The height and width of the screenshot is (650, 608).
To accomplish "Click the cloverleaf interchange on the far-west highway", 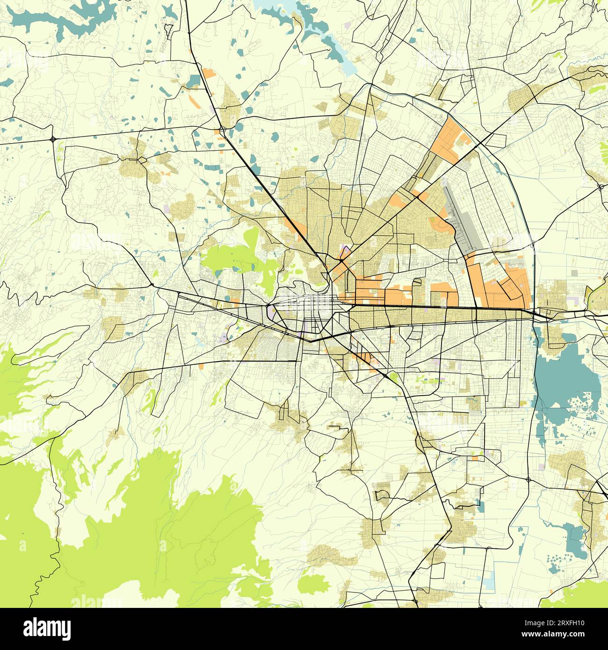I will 53,138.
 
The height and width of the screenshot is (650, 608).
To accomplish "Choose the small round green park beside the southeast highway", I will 393,376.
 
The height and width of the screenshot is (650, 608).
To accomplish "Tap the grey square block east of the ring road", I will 575,272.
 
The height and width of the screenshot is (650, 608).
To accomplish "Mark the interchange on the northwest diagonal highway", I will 223,128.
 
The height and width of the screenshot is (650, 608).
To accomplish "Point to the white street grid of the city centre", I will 304,304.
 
